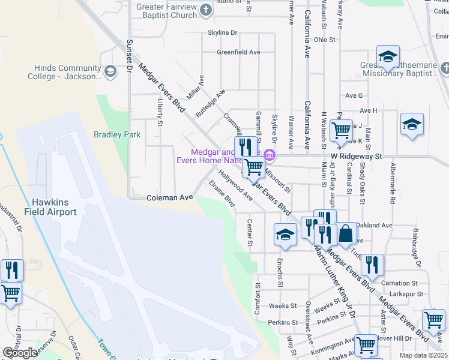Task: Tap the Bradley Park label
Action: click(x=117, y=135)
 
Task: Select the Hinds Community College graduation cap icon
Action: click(x=110, y=72)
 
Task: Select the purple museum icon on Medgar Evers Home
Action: click(x=270, y=156)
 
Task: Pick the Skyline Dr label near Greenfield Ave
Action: click(x=223, y=32)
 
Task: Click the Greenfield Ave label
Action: click(x=238, y=52)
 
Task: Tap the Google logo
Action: click(x=20, y=353)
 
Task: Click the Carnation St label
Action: click(x=399, y=283)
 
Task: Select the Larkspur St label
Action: click(x=403, y=295)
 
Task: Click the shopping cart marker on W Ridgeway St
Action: click(x=341, y=130)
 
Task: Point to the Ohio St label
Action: click(x=324, y=40)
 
